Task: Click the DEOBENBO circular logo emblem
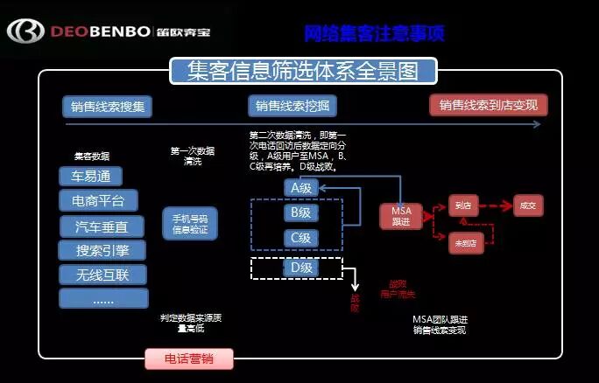(x=24, y=33)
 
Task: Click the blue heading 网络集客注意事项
(x=374, y=34)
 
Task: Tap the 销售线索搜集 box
(x=108, y=107)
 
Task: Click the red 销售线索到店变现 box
(x=489, y=106)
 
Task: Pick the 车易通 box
(x=91, y=176)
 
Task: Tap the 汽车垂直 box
(x=102, y=226)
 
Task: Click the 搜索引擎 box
(x=102, y=251)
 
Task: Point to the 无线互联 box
(x=102, y=275)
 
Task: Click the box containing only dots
(x=102, y=299)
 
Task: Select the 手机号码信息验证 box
(x=190, y=224)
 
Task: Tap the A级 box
(x=300, y=189)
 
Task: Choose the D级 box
(x=300, y=268)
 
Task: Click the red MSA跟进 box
(x=400, y=216)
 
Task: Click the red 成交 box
(x=527, y=206)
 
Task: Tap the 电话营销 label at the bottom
(x=189, y=359)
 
